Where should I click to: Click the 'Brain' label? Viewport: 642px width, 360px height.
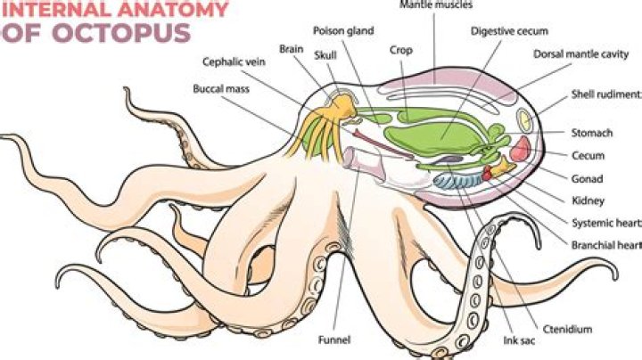291,49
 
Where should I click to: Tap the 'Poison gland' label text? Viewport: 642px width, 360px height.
334,30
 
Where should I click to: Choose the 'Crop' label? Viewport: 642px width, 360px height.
399,50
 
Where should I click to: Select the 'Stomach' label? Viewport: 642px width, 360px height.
591,134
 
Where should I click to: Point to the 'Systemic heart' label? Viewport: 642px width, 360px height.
603,222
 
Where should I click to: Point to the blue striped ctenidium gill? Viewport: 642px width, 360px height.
457,182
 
